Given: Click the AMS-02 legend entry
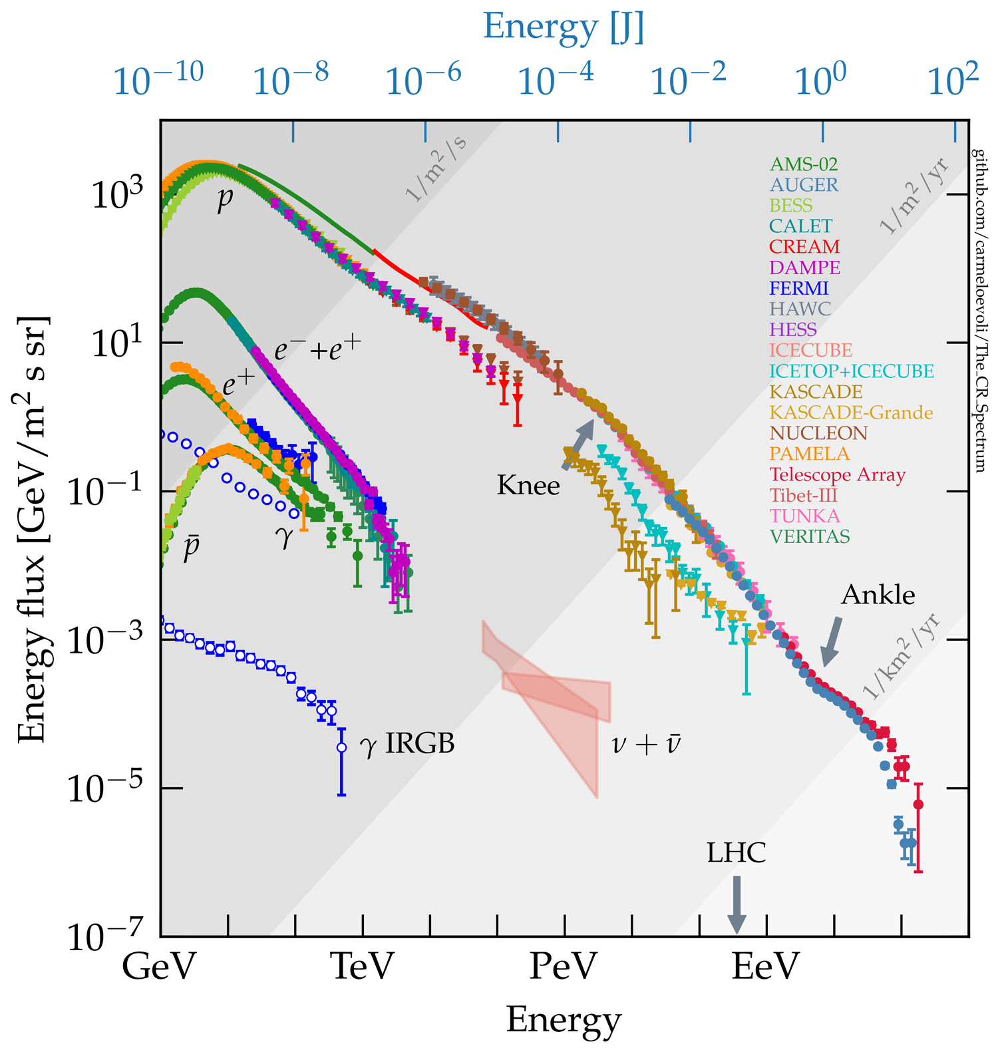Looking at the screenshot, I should pyautogui.click(x=803, y=164).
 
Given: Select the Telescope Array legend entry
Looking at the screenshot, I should pyautogui.click(x=838, y=475).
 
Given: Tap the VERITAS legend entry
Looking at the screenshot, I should pyautogui.click(x=810, y=537).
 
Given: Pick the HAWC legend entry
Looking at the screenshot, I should pyautogui.click(x=800, y=309).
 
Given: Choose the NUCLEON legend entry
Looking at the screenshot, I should pyautogui.click(x=818, y=434).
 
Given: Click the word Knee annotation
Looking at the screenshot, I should pyautogui.click(x=528, y=486).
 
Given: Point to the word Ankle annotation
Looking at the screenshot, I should pyautogui.click(x=878, y=595).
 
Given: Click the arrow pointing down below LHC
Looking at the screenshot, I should pyautogui.click(x=737, y=905).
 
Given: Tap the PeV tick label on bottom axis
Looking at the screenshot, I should pyautogui.click(x=564, y=967).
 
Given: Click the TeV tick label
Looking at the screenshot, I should pyautogui.click(x=363, y=967).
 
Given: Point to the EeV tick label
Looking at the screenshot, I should pyautogui.click(x=765, y=967).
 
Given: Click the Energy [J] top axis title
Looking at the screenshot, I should pyautogui.click(x=564, y=28).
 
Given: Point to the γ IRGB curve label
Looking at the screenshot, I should pyautogui.click(x=407, y=744).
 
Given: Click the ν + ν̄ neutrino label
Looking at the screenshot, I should pyautogui.click(x=646, y=744).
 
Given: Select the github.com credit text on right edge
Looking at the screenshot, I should pyautogui.click(x=980, y=311).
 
